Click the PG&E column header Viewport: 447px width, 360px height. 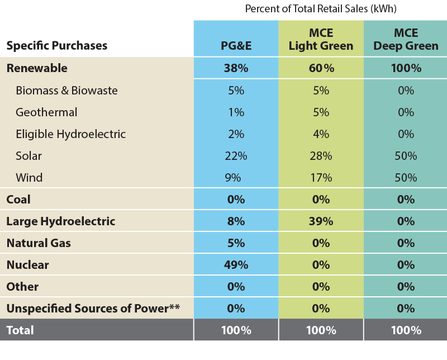click(x=236, y=46)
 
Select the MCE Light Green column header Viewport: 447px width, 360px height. click(x=321, y=39)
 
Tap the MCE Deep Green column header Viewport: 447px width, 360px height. click(x=406, y=39)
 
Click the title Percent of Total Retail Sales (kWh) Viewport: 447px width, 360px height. click(x=321, y=9)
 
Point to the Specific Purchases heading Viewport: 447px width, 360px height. click(x=56, y=46)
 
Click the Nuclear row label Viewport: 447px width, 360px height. click(x=27, y=265)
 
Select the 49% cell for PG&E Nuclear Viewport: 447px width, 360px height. click(x=236, y=265)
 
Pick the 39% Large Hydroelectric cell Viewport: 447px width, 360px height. click(x=321, y=221)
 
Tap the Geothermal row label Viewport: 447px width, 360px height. click(x=46, y=112)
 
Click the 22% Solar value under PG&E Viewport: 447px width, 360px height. click(x=236, y=156)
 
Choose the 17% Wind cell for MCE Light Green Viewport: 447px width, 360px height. click(x=321, y=178)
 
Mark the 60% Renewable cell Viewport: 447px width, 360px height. click(x=321, y=68)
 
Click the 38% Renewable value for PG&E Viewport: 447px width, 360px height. click(x=236, y=68)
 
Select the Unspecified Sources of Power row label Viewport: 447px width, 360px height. click(x=93, y=309)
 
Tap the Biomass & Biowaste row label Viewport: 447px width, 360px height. click(x=66, y=91)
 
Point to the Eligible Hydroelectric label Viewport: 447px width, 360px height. click(x=70, y=134)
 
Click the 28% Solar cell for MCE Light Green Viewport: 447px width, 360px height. click(x=321, y=156)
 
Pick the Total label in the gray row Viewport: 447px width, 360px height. click(x=20, y=330)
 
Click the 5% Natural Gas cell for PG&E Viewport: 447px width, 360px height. click(x=236, y=243)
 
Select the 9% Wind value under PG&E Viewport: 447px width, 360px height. click(x=236, y=178)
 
